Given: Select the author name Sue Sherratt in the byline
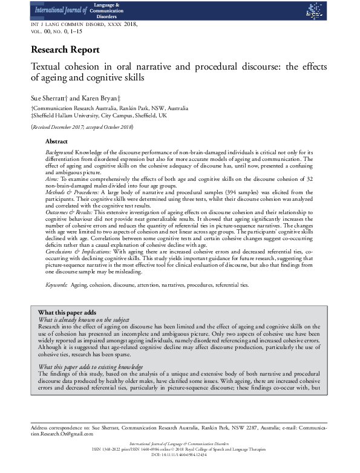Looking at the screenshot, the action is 47,96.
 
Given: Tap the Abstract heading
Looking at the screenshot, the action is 56,140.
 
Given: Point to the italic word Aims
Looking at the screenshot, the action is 53,181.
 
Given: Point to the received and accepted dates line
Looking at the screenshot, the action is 82,127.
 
